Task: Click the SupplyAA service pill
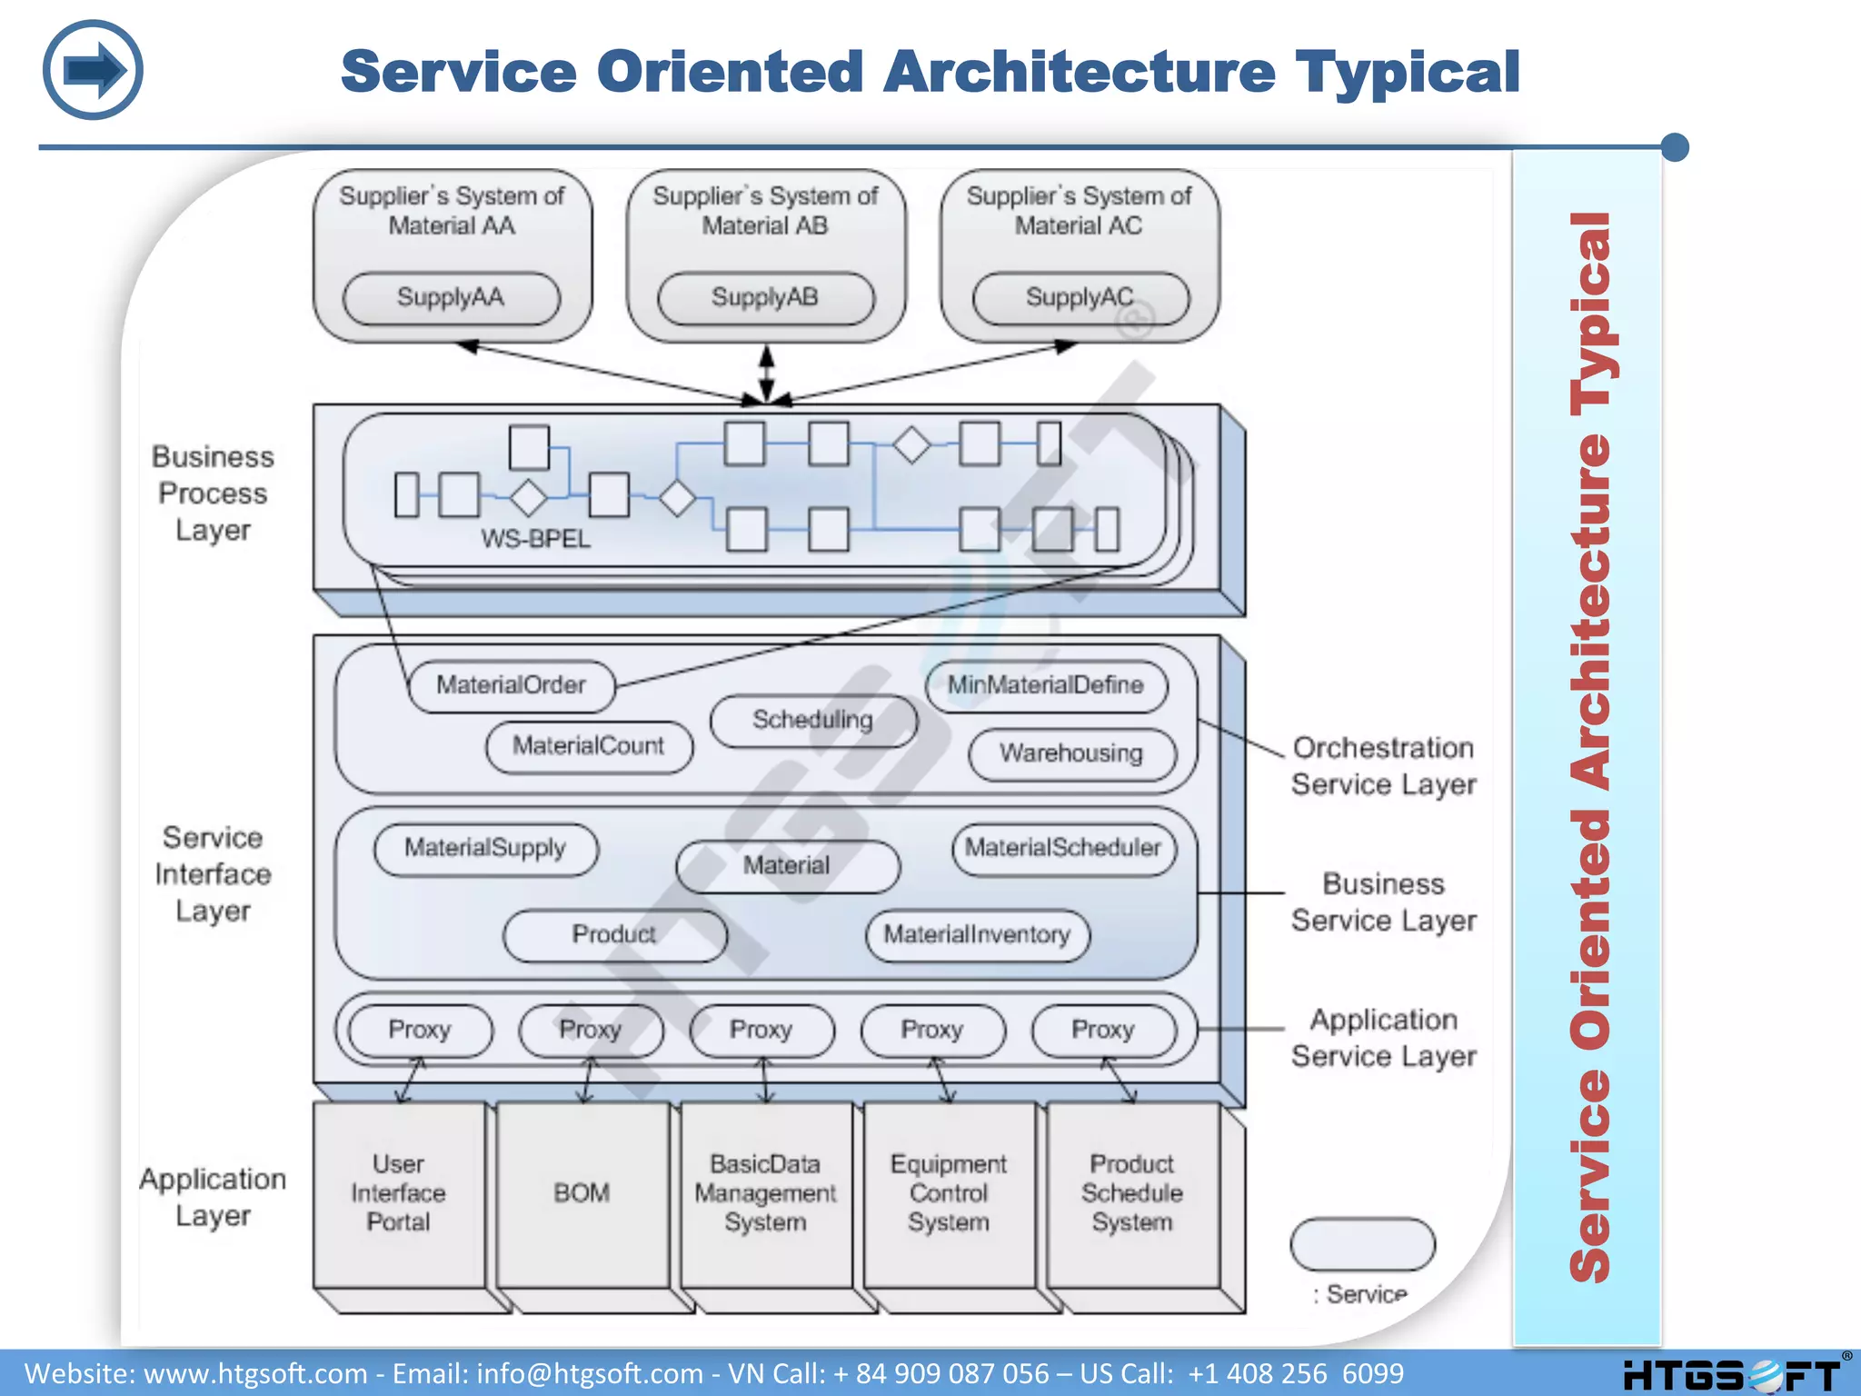(x=451, y=298)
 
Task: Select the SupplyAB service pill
(x=765, y=298)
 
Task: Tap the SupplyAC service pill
(x=1080, y=298)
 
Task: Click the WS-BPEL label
(x=535, y=539)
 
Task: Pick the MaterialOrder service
(x=511, y=685)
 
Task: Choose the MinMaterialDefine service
(x=1046, y=685)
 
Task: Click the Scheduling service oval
(x=812, y=721)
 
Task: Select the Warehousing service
(x=1071, y=753)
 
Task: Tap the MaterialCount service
(x=589, y=746)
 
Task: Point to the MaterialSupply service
(x=485, y=849)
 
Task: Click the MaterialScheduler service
(x=1063, y=849)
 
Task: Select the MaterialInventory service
(x=977, y=935)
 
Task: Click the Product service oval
(x=614, y=935)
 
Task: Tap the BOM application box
(x=582, y=1193)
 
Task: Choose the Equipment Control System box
(x=948, y=1193)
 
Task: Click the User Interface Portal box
(x=398, y=1193)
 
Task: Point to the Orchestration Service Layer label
(x=1383, y=766)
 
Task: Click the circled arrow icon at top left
(x=93, y=70)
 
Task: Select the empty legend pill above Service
(x=1362, y=1244)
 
